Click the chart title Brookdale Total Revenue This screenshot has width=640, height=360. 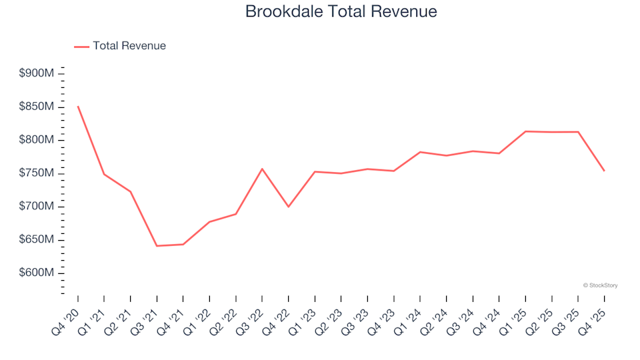pyautogui.click(x=341, y=11)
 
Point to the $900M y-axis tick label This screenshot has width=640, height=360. pyautogui.click(x=37, y=73)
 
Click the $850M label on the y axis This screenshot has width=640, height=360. pyautogui.click(x=37, y=107)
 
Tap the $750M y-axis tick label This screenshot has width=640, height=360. pyautogui.click(x=37, y=173)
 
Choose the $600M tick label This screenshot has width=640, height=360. pyautogui.click(x=37, y=273)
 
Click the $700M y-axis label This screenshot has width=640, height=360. pyautogui.click(x=37, y=207)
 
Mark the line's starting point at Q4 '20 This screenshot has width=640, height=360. pyautogui.click(x=78, y=106)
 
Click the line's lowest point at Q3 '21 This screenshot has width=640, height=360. pyautogui.click(x=157, y=246)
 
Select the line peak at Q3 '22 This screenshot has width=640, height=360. pyautogui.click(x=262, y=169)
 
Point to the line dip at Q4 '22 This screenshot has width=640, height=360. pyautogui.click(x=288, y=207)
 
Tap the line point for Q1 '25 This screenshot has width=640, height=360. pyautogui.click(x=525, y=131)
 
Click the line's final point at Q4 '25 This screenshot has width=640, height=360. pyautogui.click(x=604, y=171)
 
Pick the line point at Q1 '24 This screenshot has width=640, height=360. pyautogui.click(x=420, y=152)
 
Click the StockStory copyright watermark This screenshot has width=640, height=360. pyautogui.click(x=600, y=285)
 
